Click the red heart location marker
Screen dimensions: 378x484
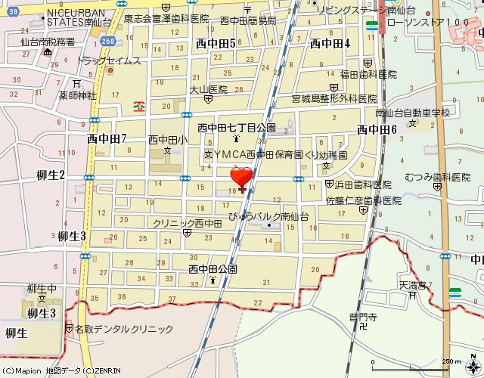click(241, 178)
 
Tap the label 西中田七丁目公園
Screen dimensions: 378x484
click(236, 128)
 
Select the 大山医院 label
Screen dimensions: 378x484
click(208, 88)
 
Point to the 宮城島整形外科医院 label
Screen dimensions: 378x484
click(334, 99)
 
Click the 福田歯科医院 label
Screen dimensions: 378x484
click(368, 74)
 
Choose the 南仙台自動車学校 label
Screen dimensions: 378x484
click(412, 113)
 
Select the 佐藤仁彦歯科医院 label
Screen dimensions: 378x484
click(363, 201)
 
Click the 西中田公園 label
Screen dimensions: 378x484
click(213, 268)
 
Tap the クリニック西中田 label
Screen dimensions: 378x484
click(187, 223)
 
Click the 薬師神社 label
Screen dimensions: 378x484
click(78, 95)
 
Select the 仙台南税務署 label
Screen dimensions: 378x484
click(48, 42)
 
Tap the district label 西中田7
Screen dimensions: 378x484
click(106, 138)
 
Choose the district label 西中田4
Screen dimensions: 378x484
click(330, 43)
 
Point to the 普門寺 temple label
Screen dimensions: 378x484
click(362, 317)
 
